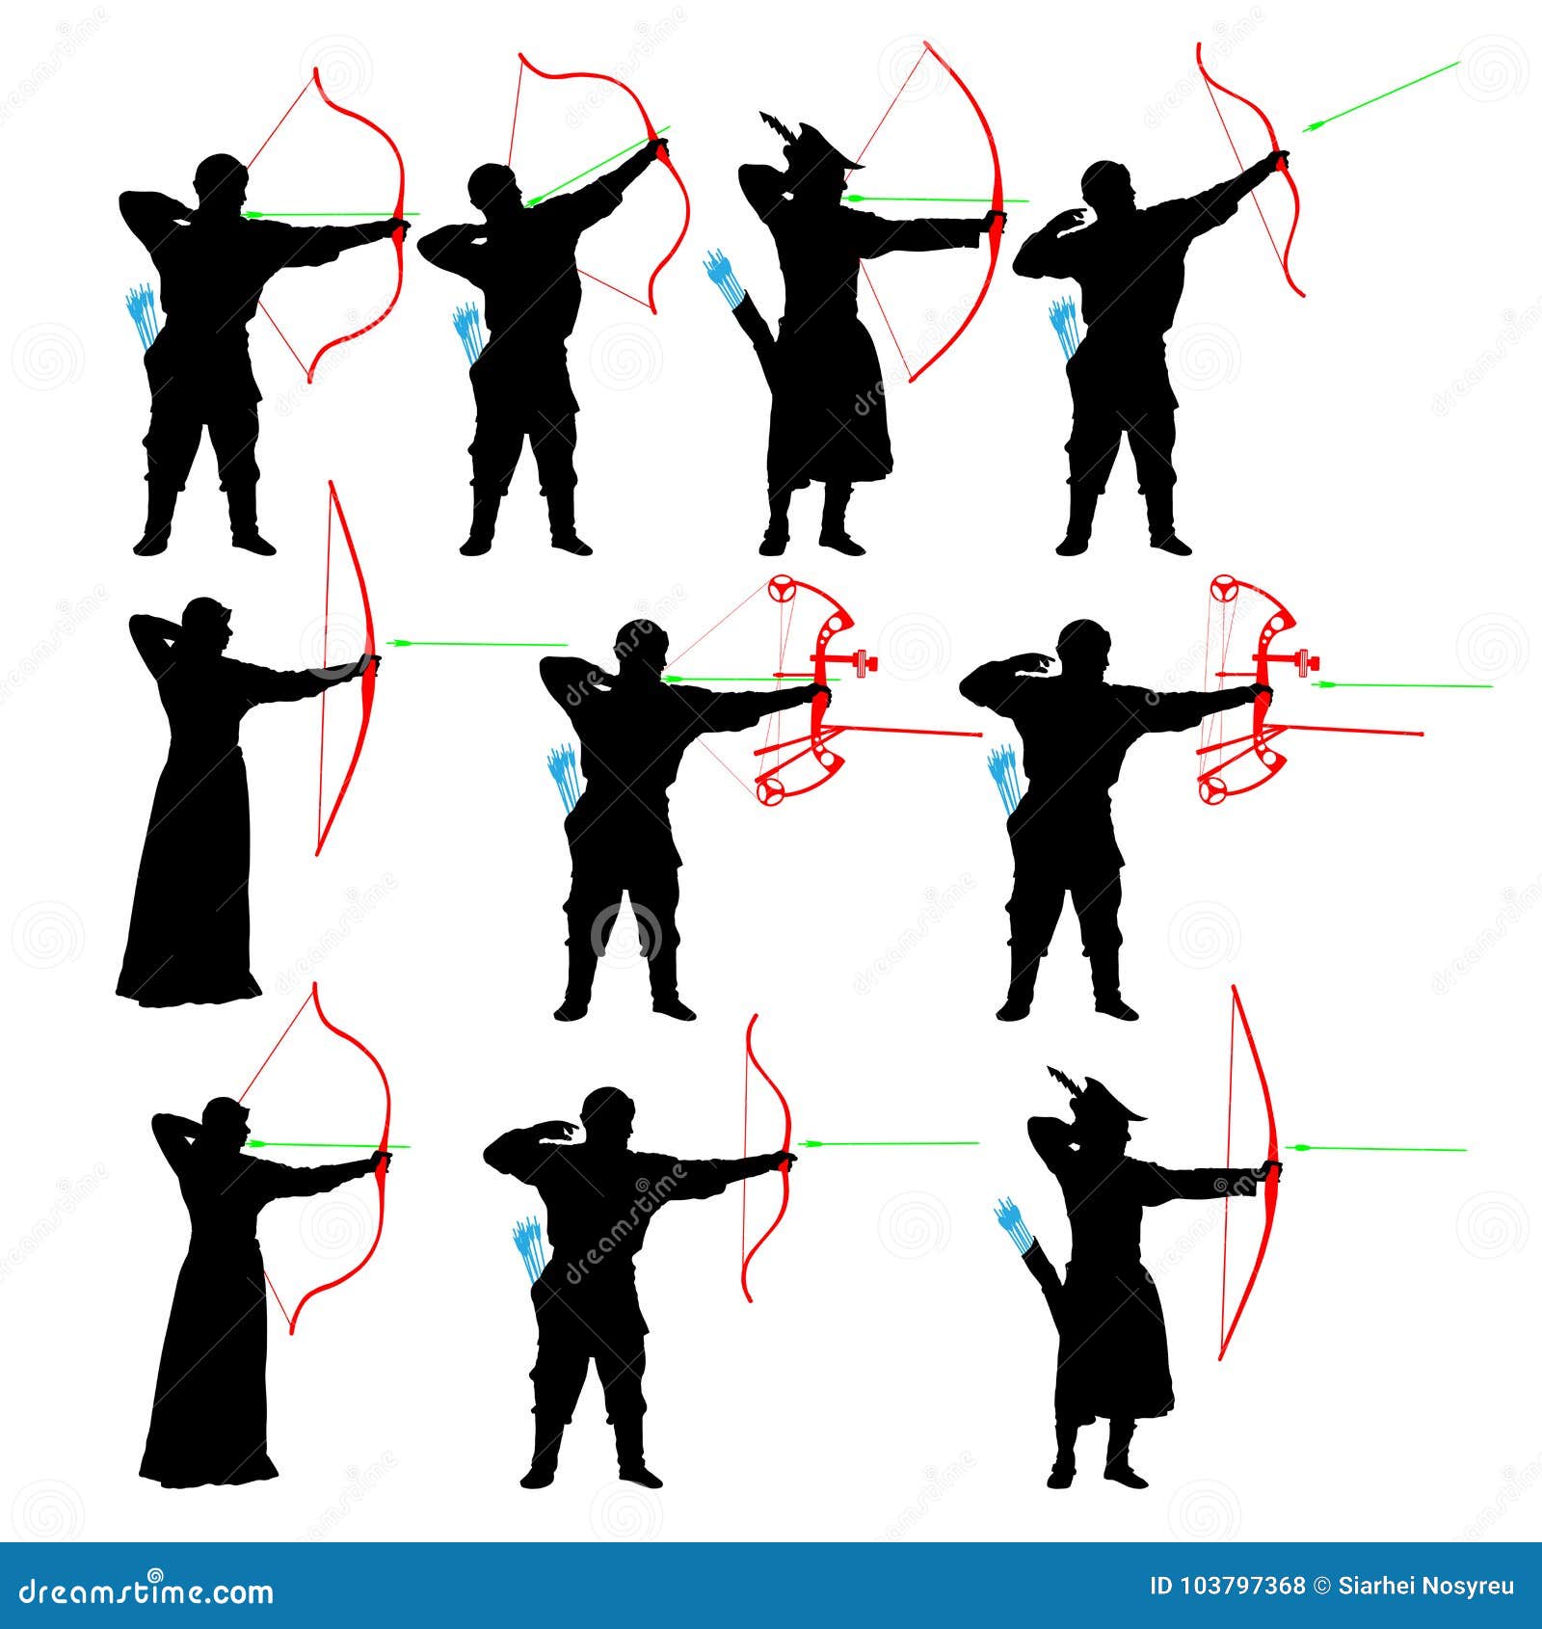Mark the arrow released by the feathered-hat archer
click(1376, 1148)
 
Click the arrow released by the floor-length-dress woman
click(477, 643)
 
